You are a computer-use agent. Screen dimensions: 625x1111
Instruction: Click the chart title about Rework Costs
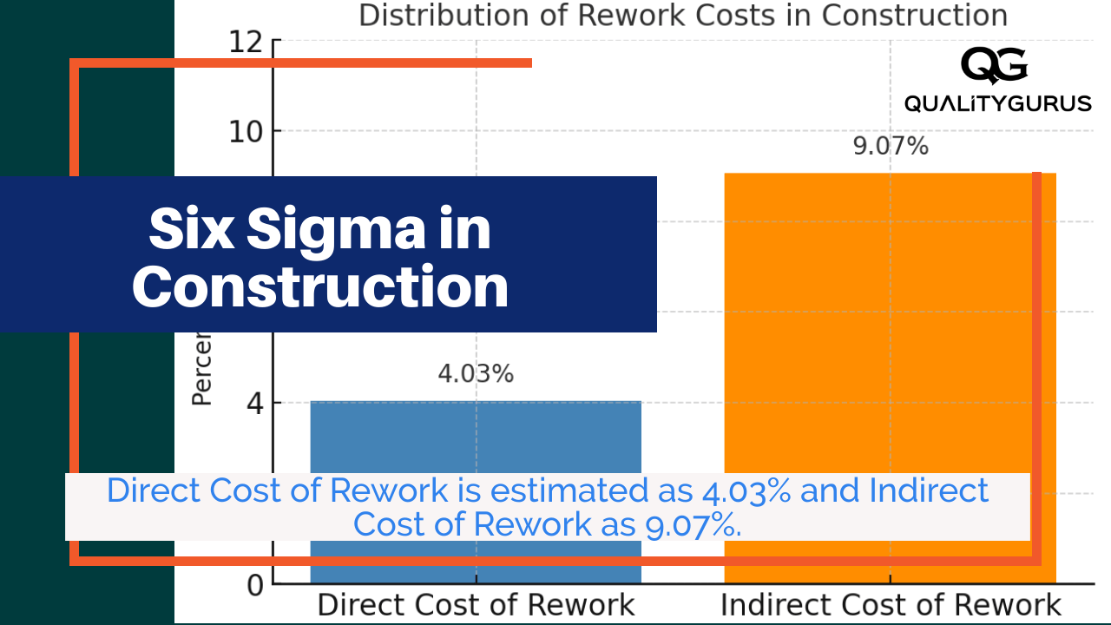point(682,16)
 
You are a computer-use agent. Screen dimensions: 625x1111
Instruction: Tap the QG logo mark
point(995,66)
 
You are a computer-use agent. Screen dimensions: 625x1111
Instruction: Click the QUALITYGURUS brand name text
point(997,104)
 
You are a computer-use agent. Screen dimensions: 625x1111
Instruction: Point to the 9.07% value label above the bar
point(890,147)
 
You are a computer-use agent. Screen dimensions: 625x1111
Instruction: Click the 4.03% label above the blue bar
point(475,374)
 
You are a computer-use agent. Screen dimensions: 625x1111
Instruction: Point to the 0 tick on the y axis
point(253,585)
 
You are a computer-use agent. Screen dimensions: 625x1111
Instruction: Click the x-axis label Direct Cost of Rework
point(475,605)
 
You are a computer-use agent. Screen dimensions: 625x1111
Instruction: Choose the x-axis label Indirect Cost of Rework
point(891,605)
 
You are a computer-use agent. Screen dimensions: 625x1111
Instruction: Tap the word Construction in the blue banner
point(320,286)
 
